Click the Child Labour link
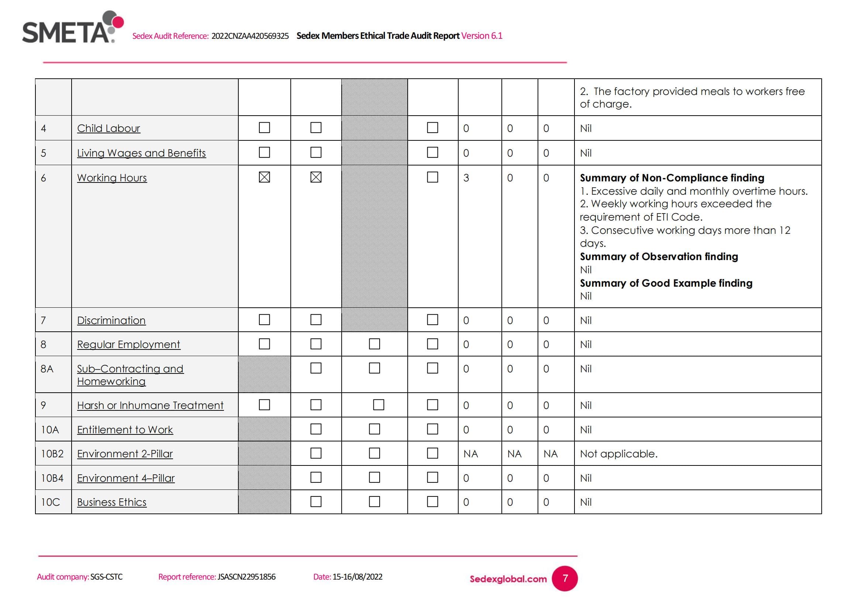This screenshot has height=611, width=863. tap(108, 128)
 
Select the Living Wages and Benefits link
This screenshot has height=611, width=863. tap(141, 153)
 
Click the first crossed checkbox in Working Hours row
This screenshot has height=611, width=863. tap(264, 177)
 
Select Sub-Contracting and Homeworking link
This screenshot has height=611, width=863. tap(130, 375)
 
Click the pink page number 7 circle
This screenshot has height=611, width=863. tap(565, 578)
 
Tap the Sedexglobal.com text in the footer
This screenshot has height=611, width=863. tap(508, 579)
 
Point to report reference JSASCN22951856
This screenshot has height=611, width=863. tap(246, 577)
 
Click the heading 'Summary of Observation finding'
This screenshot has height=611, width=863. tap(659, 257)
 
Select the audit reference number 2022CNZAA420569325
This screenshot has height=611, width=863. tap(250, 36)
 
